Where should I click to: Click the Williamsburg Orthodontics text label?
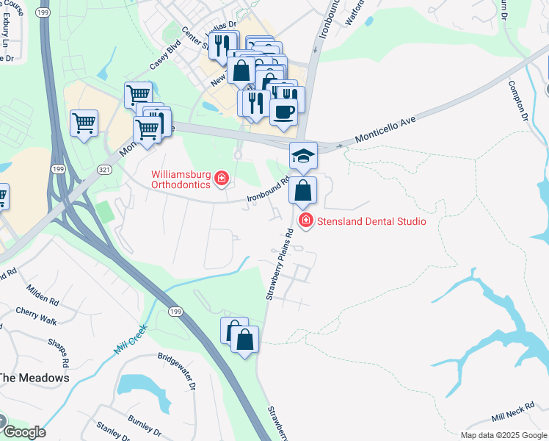point(181,179)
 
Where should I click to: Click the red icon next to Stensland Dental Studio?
point(305,220)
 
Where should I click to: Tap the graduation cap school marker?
point(303,156)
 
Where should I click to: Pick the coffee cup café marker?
point(283,112)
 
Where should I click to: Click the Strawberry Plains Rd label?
point(279,264)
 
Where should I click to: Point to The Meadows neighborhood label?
point(34,378)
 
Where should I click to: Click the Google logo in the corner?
point(24,431)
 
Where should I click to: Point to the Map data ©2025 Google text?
point(503,435)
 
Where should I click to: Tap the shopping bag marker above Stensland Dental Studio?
point(302,192)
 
